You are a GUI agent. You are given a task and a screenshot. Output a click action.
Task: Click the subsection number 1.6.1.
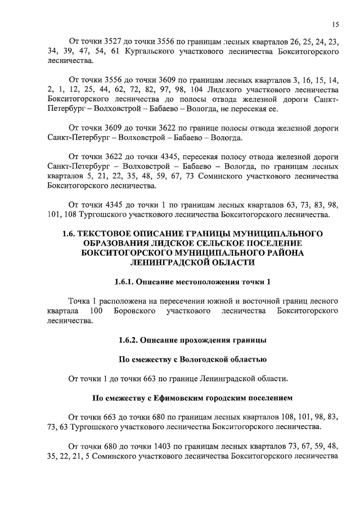[125, 281]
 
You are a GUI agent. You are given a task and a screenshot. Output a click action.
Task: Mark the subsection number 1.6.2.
[129, 340]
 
